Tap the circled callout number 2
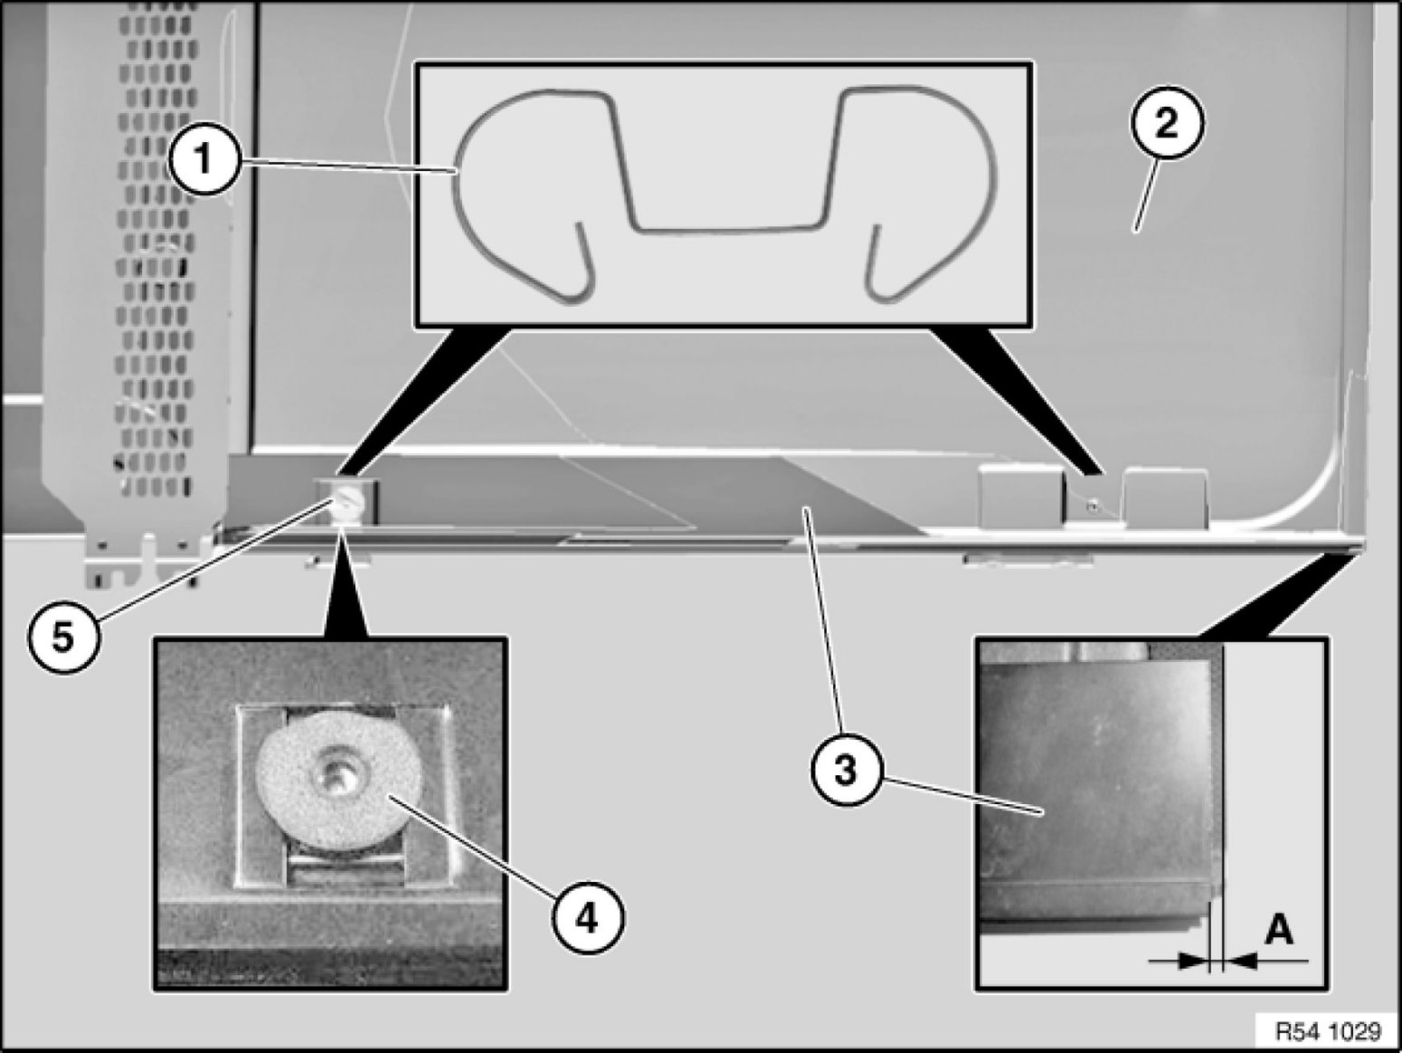[1166, 123]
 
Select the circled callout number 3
[844, 773]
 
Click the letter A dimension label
[1277, 929]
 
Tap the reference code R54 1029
[1327, 1031]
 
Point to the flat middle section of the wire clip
[728, 225]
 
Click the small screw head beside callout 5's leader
[343, 499]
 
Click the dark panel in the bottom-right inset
[1094, 778]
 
